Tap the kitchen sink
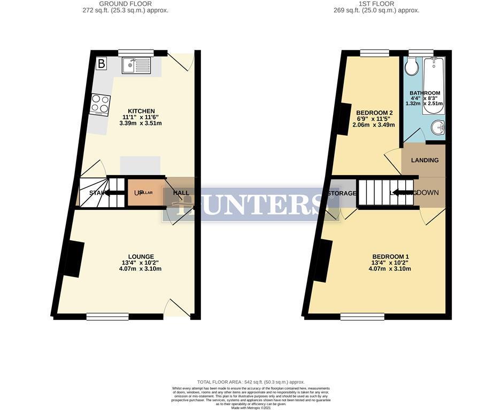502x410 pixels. [x=136, y=66]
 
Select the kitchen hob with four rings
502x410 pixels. [x=100, y=105]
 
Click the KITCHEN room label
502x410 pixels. [x=141, y=111]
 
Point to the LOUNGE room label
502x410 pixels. [x=141, y=257]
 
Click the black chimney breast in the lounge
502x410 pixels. [x=74, y=259]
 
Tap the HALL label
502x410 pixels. [x=181, y=193]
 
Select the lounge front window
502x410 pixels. [x=107, y=317]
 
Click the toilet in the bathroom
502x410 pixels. [x=412, y=67]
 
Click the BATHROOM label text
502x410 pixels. [x=426, y=93]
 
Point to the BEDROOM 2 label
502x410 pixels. [x=375, y=113]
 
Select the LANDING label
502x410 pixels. [x=424, y=160]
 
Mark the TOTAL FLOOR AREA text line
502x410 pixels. [x=251, y=382]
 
